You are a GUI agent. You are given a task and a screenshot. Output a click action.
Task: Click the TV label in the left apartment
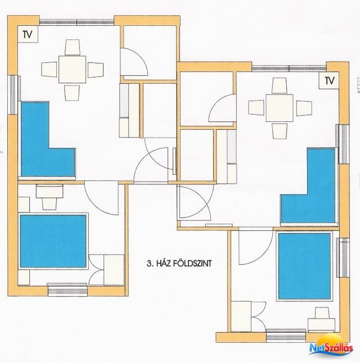(x=27, y=34)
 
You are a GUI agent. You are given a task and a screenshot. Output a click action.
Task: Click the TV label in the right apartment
(x=330, y=81)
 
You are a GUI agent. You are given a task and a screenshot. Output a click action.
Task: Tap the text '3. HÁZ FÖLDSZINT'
(x=179, y=264)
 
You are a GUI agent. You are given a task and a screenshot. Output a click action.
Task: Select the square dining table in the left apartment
(x=72, y=69)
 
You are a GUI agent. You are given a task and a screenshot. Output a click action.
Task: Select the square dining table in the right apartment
(x=280, y=108)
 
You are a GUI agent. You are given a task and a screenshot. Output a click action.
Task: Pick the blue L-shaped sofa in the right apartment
(x=309, y=185)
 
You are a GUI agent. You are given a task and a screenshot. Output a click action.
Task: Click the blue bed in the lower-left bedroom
(x=53, y=241)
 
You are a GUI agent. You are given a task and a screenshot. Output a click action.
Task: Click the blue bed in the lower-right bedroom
(x=304, y=266)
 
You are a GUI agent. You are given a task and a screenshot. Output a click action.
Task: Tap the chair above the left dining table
(x=73, y=47)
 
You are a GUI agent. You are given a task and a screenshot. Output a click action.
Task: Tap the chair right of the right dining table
(x=304, y=108)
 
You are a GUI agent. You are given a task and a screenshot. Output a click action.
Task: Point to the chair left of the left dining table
(x=49, y=69)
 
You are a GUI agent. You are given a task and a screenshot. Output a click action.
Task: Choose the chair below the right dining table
(x=280, y=131)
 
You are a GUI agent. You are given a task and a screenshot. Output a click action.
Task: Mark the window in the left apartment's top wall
(x=76, y=22)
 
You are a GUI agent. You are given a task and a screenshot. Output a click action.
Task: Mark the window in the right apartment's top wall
(x=289, y=69)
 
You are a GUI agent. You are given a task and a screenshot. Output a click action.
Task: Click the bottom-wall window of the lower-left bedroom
(x=67, y=289)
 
